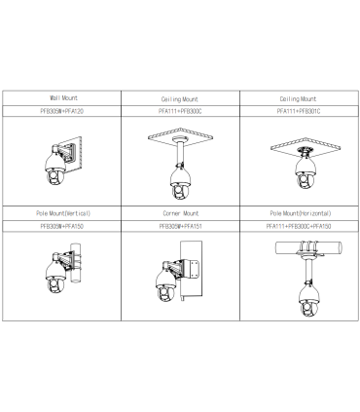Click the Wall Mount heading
63,97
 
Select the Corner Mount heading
181,213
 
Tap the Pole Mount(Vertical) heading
63,213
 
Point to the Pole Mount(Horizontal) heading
301,213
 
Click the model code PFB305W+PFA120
62,111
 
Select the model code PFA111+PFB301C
299,111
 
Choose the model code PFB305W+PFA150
62,226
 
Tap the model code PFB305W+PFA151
180,226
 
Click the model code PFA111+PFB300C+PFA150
299,226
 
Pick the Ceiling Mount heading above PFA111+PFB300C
180,99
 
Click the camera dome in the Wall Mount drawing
55,169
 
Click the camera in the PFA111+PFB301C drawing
306,171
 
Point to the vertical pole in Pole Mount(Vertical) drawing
75,263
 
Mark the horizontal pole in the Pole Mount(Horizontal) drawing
308,247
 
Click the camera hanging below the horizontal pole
309,300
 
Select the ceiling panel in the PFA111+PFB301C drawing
306,147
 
